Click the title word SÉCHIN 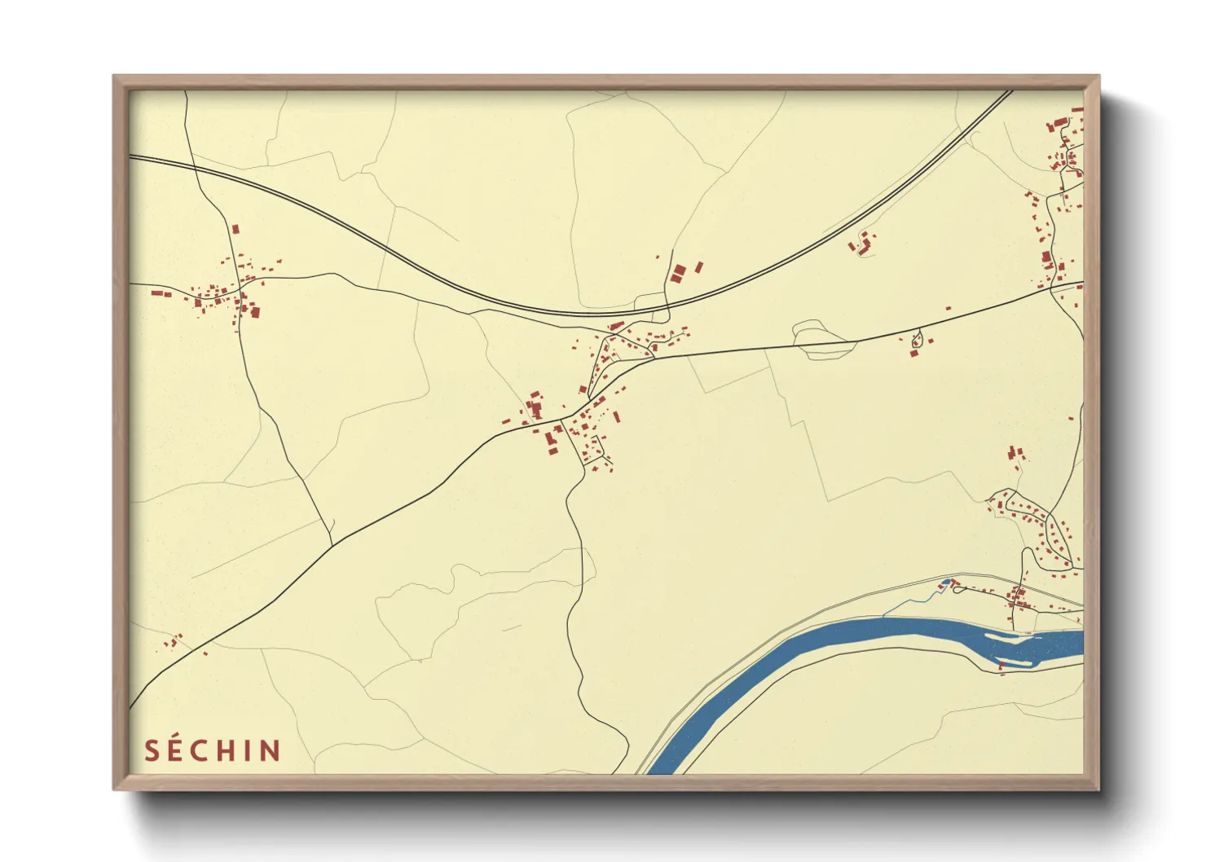tap(213, 750)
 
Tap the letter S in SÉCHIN tap(152, 750)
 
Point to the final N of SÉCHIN tap(272, 750)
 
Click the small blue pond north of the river tap(945, 583)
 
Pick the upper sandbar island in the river tap(1010, 637)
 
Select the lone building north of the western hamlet tap(235, 230)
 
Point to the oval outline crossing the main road tap(823, 340)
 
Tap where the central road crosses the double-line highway tap(667, 307)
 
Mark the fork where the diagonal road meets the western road tap(332, 544)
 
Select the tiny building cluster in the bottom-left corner tap(174, 642)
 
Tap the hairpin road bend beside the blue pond tap(954, 584)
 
